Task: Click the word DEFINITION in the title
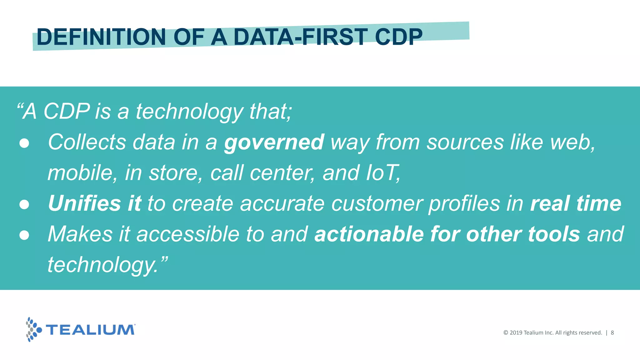pyautogui.click(x=101, y=37)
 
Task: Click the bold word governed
pyautogui.click(x=274, y=142)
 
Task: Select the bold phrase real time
pyautogui.click(x=576, y=203)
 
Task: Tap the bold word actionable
pyautogui.click(x=369, y=234)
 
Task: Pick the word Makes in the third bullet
pyautogui.click(x=80, y=234)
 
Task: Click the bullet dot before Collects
pyautogui.click(x=24, y=143)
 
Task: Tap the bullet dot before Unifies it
pyautogui.click(x=24, y=204)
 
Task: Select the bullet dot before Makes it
pyautogui.click(x=24, y=235)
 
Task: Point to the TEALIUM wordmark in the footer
pyautogui.click(x=90, y=330)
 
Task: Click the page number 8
pyautogui.click(x=612, y=333)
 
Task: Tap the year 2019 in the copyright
pyautogui.click(x=516, y=333)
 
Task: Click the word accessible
pyautogui.click(x=188, y=234)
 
